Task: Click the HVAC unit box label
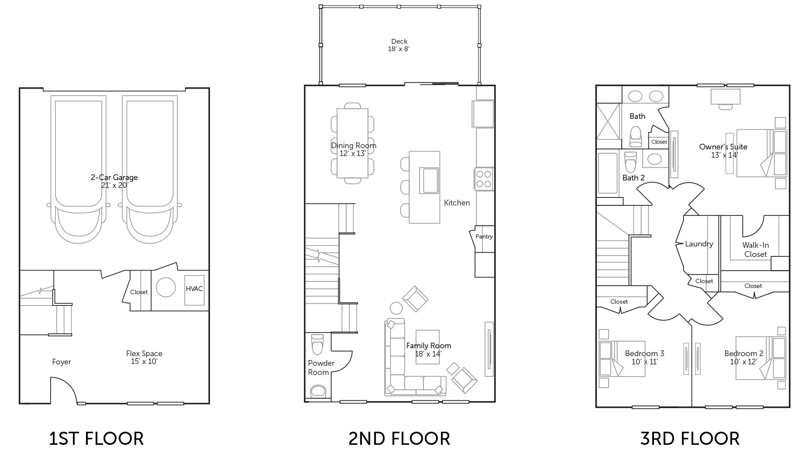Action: tap(194, 289)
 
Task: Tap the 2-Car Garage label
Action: tap(114, 177)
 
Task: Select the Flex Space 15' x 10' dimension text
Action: tap(144, 362)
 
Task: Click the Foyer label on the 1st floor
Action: tap(61, 362)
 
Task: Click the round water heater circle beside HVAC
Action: tap(165, 288)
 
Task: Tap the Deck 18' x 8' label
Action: tap(399, 45)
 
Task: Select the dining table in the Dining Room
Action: tap(352, 143)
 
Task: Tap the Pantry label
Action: tap(484, 236)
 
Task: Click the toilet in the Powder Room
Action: tap(317, 344)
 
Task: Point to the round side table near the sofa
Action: tap(396, 308)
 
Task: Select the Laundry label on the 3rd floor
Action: tap(699, 244)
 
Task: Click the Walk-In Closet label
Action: tap(755, 250)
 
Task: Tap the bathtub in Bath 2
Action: tap(608, 173)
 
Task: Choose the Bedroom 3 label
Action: tap(644, 353)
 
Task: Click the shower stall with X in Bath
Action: tap(608, 121)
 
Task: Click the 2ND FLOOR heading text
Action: tap(399, 438)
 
